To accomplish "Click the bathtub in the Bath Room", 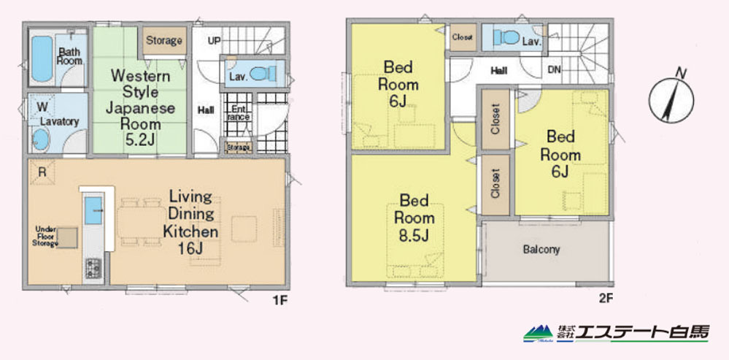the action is [42, 58].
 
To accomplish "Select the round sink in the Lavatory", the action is [41, 139].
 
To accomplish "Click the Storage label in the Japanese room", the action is [164, 40].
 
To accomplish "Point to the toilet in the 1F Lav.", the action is [263, 74].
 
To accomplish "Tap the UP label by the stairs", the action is [215, 41].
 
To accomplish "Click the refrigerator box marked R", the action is [42, 172].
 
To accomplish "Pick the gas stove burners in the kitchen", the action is [93, 269].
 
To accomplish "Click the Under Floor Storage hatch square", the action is [67, 238].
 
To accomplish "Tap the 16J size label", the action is [190, 248].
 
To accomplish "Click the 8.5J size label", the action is [414, 236].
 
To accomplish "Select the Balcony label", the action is [541, 249].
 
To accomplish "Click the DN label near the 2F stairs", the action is [554, 71].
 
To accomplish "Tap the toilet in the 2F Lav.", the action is [506, 37].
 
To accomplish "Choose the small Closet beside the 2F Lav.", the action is [463, 37].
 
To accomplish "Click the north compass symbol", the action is [671, 100].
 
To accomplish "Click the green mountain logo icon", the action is [539, 334].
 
